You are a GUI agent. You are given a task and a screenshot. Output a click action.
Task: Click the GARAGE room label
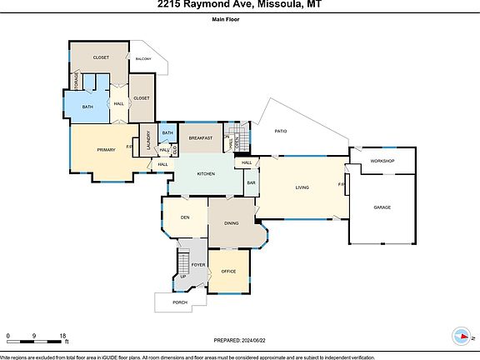(x=382, y=207)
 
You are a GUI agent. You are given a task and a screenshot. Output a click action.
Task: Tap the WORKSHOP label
(x=382, y=161)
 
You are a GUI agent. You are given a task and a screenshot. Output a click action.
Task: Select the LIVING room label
(x=302, y=187)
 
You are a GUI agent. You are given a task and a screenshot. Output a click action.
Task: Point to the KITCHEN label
(x=206, y=173)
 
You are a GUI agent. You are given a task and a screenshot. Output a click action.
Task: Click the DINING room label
(x=232, y=222)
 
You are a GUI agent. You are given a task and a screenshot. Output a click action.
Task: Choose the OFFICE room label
(x=229, y=272)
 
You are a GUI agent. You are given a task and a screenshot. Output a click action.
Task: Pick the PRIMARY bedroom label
(x=106, y=149)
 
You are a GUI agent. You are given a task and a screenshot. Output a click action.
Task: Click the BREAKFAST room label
(x=200, y=137)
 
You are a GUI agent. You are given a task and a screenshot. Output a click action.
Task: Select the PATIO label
(x=281, y=131)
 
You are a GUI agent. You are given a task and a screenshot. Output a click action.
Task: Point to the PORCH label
(x=179, y=303)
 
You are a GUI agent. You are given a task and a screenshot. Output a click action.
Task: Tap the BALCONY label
(x=144, y=58)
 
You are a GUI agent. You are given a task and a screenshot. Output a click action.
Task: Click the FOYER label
(x=198, y=264)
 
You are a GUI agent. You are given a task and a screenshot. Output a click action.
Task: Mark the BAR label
(x=250, y=182)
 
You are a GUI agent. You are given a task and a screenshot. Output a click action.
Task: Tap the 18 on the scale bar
(x=63, y=336)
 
